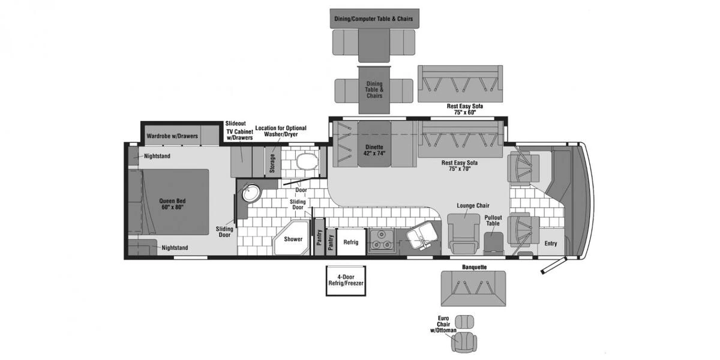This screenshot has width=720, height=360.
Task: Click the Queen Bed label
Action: pyautogui.click(x=172, y=203)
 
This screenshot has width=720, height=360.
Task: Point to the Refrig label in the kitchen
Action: pyautogui.click(x=351, y=242)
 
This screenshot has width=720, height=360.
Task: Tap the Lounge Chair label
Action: pyautogui.click(x=468, y=206)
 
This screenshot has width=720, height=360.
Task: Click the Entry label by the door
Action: pyautogui.click(x=551, y=244)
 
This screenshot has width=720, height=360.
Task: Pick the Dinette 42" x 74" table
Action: pyautogui.click(x=374, y=150)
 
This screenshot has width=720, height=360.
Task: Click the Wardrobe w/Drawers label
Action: pyautogui.click(x=172, y=136)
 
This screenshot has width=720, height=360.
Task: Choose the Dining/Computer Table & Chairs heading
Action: pyautogui.click(x=374, y=19)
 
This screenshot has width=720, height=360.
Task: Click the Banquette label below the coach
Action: pyautogui.click(x=474, y=266)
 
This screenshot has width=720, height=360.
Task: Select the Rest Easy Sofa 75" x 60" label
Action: pyautogui.click(x=465, y=109)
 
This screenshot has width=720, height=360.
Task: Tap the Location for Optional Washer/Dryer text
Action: pyautogui.click(x=281, y=131)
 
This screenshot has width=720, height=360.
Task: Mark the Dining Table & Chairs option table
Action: pyautogui.click(x=374, y=90)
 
